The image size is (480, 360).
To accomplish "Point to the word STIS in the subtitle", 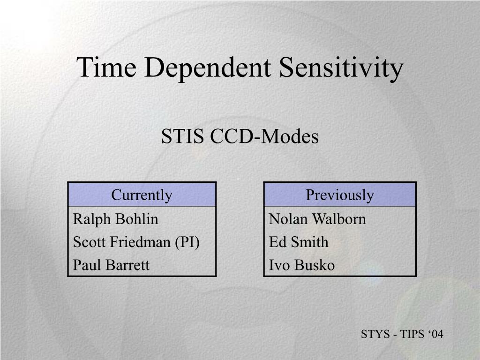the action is [182, 136].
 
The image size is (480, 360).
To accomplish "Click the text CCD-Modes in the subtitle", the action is [264, 136].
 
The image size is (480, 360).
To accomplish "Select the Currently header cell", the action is [142, 195].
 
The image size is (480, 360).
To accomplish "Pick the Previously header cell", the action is [340, 195].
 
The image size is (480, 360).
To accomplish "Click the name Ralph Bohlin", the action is [115, 219].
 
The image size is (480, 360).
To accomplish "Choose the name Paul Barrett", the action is [111, 265].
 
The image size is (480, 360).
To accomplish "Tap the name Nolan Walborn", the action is [317, 219].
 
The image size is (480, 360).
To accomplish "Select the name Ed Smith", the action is [299, 242].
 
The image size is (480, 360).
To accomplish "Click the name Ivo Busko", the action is [301, 265].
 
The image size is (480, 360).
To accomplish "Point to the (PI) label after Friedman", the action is [187, 242].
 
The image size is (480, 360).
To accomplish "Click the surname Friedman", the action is [140, 242].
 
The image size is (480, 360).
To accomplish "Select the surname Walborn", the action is [339, 219].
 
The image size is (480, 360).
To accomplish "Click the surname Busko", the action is [315, 265].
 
